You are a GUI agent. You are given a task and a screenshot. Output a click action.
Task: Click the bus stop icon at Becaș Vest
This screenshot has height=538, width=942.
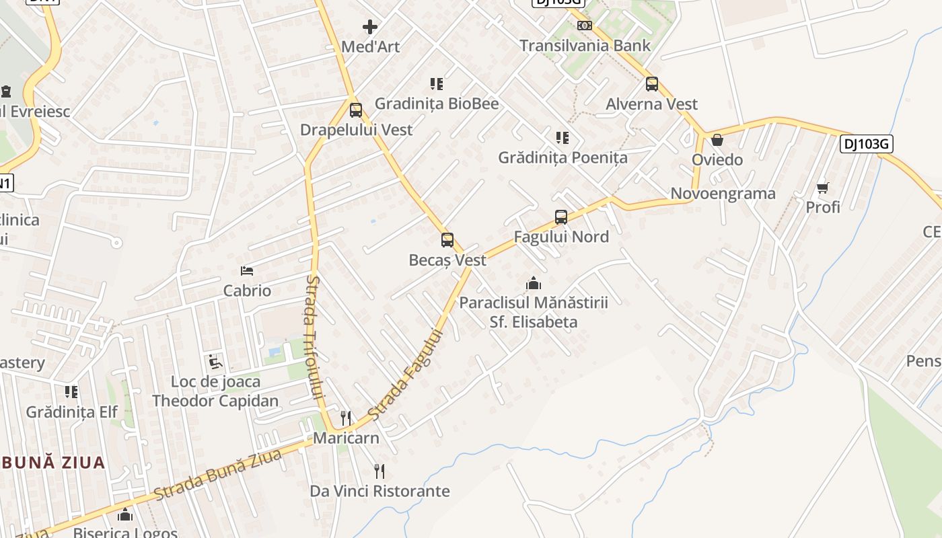[x=447, y=240]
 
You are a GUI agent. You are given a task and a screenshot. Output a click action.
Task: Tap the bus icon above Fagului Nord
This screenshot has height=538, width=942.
[x=561, y=217]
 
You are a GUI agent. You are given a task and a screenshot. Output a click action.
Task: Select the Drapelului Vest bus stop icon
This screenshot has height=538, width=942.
[x=356, y=110]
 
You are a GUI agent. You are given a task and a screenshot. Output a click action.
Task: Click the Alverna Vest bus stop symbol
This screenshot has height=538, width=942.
[x=652, y=84]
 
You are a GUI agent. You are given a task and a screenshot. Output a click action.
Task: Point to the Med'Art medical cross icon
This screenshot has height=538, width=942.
[x=370, y=27]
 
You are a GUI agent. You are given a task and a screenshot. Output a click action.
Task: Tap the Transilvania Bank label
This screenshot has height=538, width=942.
[x=585, y=46]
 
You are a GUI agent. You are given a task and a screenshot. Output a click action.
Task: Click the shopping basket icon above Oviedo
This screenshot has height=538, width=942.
[x=717, y=140]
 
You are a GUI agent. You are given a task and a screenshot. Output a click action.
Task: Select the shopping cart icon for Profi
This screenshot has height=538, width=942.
[x=823, y=188]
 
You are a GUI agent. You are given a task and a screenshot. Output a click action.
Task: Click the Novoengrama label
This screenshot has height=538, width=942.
[x=723, y=194]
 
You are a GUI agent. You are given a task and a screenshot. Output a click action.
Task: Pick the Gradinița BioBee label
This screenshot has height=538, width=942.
[x=437, y=104]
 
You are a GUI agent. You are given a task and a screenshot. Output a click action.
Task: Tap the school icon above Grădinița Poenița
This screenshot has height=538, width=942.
[x=563, y=138]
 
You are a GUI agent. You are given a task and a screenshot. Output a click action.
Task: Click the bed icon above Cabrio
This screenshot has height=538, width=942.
[x=247, y=271]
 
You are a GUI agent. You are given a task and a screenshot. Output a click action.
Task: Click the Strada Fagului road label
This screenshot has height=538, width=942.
[x=408, y=375]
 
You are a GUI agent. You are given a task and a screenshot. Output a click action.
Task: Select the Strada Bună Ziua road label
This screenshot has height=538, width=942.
[x=217, y=475]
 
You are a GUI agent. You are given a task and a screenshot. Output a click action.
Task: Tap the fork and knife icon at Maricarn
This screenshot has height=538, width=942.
[x=346, y=418]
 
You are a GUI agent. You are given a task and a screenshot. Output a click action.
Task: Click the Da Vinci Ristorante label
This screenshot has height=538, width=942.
[x=379, y=491]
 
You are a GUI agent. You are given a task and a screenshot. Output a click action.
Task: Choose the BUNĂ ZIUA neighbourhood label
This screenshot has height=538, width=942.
[x=53, y=463]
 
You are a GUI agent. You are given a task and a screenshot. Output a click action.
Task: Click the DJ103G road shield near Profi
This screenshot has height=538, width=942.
[x=866, y=144]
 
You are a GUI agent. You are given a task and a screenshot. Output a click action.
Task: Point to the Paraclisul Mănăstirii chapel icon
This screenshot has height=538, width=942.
[x=534, y=283]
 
